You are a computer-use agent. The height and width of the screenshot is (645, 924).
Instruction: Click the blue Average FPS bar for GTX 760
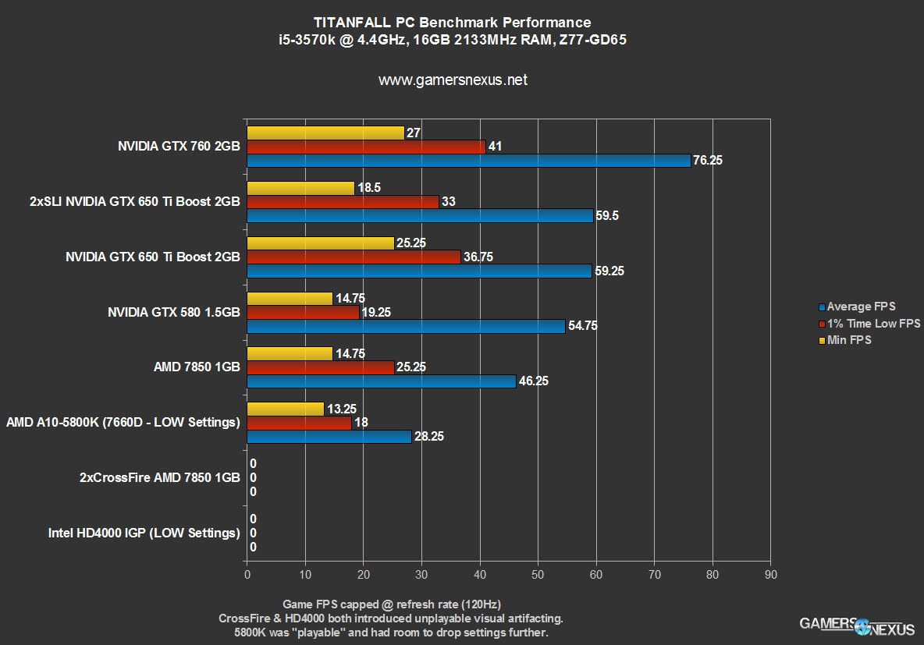click(468, 161)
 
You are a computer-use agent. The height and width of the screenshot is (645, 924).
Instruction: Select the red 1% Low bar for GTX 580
click(303, 312)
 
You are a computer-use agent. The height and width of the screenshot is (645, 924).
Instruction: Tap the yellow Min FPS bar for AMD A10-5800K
click(286, 409)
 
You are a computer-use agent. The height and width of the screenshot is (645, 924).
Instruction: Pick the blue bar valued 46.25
click(382, 381)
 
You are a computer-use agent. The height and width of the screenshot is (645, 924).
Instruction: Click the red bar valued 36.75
click(354, 257)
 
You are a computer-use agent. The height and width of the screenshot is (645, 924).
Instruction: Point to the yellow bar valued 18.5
click(301, 188)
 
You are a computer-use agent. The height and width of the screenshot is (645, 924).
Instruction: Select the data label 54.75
click(582, 326)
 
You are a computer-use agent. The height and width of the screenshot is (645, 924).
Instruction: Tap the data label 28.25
click(428, 437)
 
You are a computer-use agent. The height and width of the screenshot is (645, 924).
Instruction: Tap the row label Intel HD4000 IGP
click(144, 533)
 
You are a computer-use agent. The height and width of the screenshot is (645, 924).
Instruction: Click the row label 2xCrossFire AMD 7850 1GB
click(159, 478)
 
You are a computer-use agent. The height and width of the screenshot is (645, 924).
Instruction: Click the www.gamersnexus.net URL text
click(453, 80)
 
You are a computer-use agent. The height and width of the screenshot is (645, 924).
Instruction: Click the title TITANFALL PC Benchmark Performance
click(453, 22)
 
